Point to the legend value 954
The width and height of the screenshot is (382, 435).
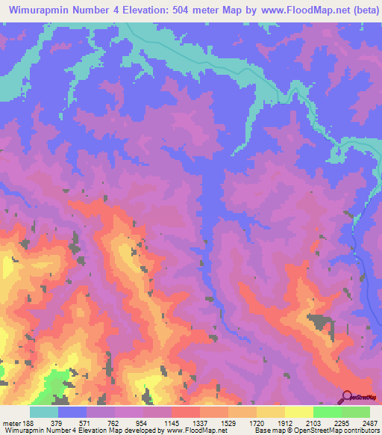pos(140,422)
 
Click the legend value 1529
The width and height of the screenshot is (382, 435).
pos(226,422)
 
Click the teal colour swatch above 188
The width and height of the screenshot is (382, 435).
pos(44,412)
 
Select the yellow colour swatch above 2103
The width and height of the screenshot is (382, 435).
pos(299,412)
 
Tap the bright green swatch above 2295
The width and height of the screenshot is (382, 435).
pos(328,412)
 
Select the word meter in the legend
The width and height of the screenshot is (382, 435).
pos(10,422)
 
